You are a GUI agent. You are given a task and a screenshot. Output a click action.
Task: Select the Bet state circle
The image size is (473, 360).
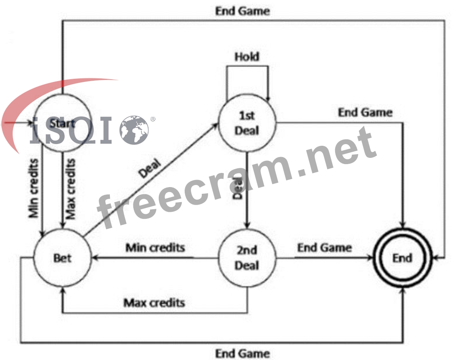(x=62, y=258)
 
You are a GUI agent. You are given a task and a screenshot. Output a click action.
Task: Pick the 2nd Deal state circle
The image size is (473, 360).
(x=247, y=258)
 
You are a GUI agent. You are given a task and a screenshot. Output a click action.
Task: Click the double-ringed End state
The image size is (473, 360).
(x=402, y=258)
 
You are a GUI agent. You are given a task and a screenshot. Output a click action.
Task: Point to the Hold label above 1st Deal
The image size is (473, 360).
(x=247, y=57)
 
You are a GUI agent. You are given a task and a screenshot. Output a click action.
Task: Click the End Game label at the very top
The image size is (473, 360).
(x=242, y=11)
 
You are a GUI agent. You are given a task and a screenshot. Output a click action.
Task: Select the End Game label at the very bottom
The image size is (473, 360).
(x=242, y=353)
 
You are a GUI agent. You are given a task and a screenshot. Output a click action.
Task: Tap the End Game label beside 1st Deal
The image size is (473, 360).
(x=365, y=112)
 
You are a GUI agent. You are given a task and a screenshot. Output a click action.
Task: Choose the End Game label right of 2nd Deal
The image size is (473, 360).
(x=324, y=248)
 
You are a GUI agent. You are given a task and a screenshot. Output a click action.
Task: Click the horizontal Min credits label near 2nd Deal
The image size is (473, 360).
(x=155, y=248)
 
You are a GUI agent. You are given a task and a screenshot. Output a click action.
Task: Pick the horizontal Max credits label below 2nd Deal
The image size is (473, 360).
(x=154, y=302)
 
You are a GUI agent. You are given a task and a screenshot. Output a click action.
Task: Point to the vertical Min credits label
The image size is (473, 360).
(x=34, y=188)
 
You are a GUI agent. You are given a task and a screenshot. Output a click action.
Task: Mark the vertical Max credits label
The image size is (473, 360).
(x=71, y=189)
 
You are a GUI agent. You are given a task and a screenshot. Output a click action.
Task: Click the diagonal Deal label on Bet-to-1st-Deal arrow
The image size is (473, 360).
(x=150, y=167)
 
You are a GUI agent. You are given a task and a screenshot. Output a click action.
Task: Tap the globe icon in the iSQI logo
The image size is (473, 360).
(x=134, y=130)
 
